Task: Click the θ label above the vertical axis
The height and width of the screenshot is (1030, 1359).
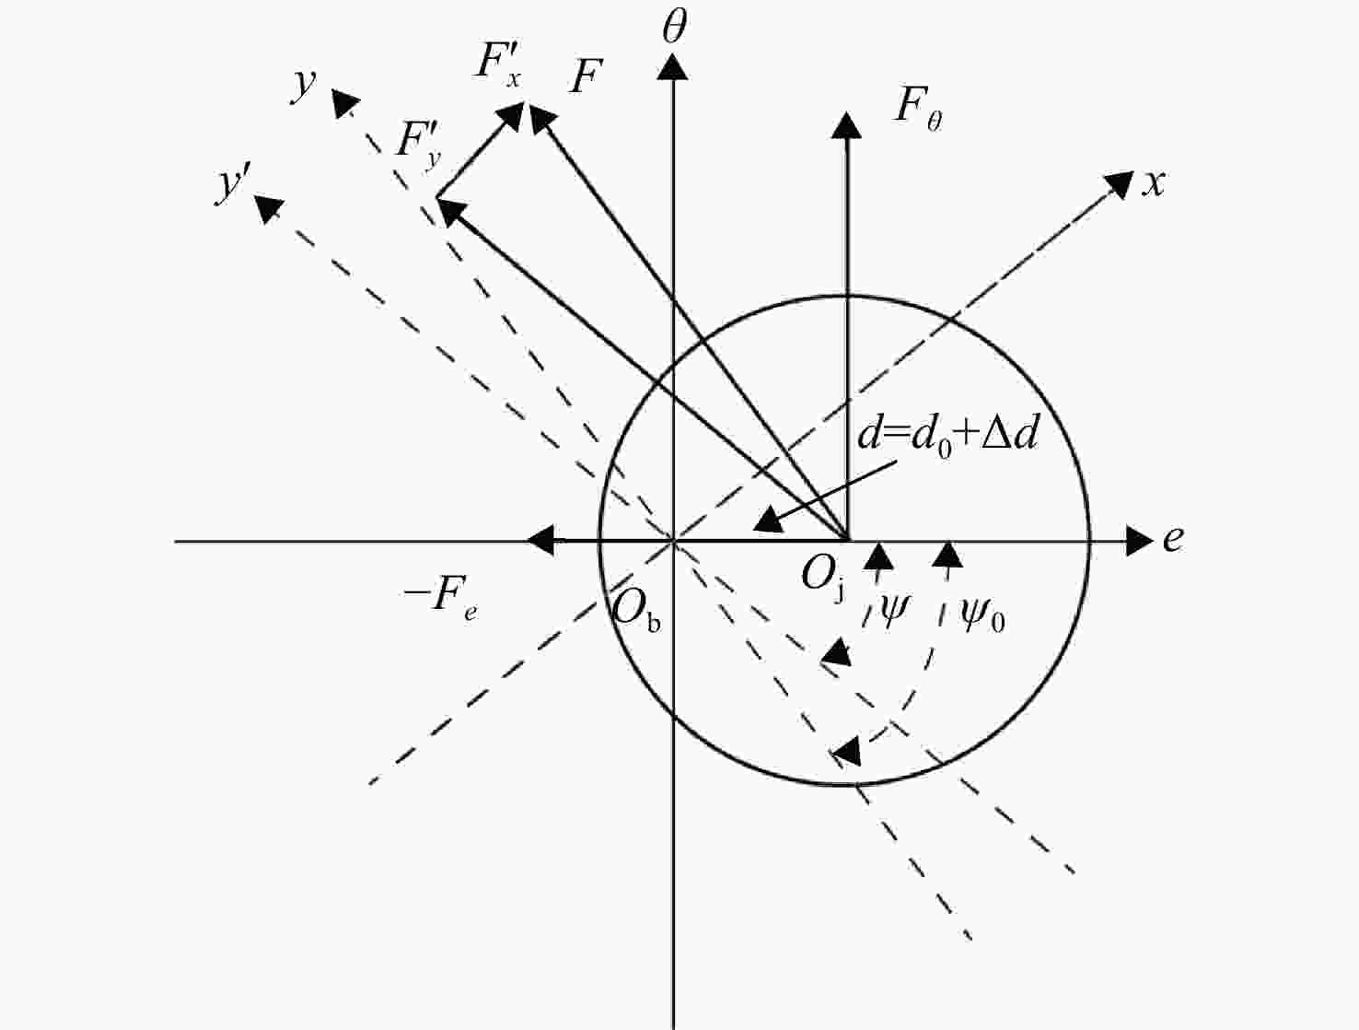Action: [674, 28]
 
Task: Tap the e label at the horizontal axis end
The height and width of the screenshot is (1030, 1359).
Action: [1173, 538]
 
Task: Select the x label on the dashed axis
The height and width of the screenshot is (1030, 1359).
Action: [1154, 184]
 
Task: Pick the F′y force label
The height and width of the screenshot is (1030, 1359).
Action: [419, 146]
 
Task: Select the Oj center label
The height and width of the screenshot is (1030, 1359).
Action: [822, 577]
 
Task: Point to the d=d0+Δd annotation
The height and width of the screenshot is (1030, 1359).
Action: [948, 437]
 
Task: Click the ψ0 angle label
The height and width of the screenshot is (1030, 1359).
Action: [981, 614]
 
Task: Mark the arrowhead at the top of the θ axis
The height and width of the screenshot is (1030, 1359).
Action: [673, 67]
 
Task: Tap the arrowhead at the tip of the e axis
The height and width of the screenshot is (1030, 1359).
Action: [1139, 541]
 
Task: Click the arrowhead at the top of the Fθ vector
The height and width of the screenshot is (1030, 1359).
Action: [846, 124]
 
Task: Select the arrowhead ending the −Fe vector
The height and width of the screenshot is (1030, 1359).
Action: [540, 541]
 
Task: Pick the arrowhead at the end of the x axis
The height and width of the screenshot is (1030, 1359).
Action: [1120, 185]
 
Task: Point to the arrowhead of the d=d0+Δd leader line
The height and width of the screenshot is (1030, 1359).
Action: [769, 518]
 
